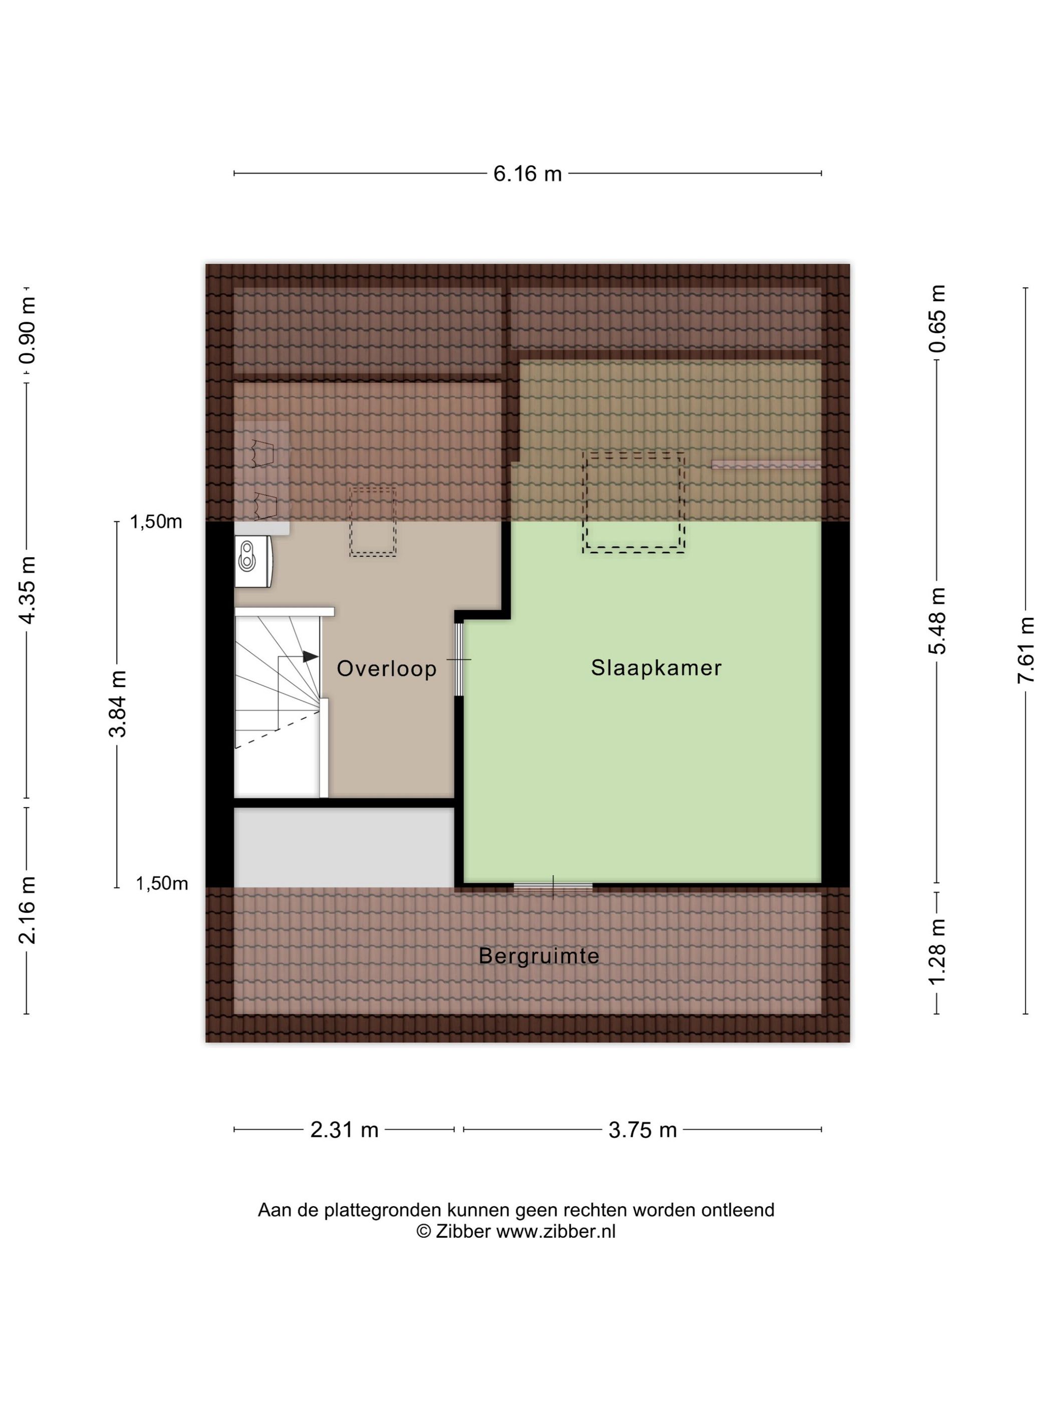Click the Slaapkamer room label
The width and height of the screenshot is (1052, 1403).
(656, 668)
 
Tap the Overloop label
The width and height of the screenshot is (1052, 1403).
(386, 668)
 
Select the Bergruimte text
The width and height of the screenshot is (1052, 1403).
(539, 956)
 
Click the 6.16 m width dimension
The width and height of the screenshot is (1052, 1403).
(528, 173)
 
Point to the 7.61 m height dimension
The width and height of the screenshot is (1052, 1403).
(1025, 649)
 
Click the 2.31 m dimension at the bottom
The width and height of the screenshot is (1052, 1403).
(344, 1129)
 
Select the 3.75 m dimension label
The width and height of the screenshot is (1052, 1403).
(642, 1129)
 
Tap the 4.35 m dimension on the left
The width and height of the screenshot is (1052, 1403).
(27, 590)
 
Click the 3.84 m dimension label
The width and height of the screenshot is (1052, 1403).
(118, 704)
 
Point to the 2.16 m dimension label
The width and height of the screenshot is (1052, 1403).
(27, 909)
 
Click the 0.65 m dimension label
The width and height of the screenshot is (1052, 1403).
(937, 318)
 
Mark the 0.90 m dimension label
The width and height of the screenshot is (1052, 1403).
(27, 330)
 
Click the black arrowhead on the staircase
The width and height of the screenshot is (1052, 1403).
(310, 656)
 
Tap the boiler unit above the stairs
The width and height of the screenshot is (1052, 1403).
(253, 561)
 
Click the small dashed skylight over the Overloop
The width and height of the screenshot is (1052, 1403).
(373, 522)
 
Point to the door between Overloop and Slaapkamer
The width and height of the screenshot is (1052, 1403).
(459, 659)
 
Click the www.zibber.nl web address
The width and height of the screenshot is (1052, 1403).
(556, 1231)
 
